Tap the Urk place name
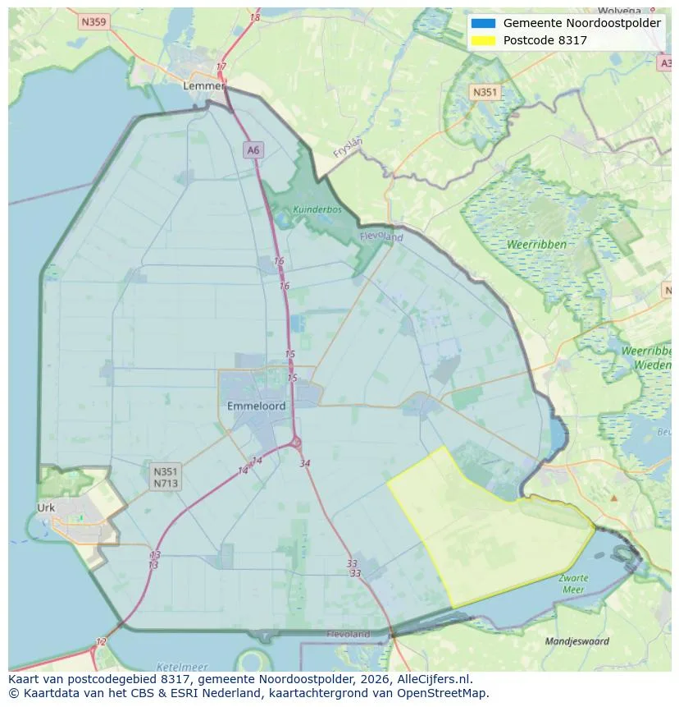[x=46, y=507]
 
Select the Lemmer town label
[x=203, y=85]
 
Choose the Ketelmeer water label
[x=181, y=667]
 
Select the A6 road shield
[x=253, y=149]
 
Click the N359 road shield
[x=93, y=22]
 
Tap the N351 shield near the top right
[x=485, y=93]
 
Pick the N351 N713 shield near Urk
[x=165, y=477]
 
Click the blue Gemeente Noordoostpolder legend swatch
[x=483, y=23]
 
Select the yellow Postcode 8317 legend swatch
[x=483, y=40]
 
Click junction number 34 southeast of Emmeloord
[x=305, y=464]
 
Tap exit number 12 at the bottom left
[x=101, y=641]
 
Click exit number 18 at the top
[x=255, y=17]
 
